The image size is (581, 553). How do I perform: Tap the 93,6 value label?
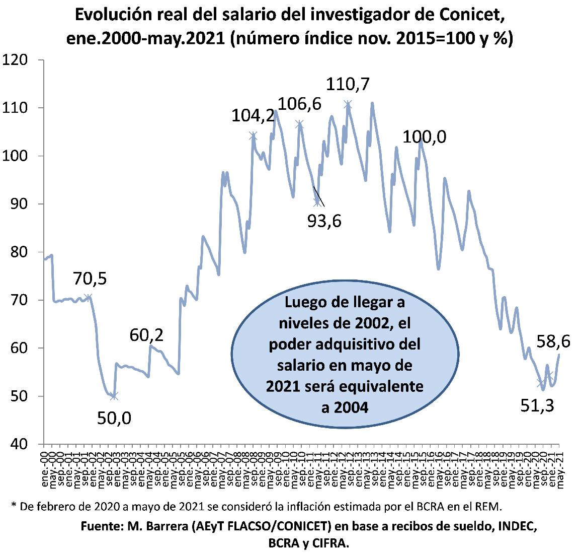tap(324, 220)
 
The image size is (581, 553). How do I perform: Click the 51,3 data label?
tap(537, 404)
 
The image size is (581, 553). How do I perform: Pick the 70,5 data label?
tap(90, 278)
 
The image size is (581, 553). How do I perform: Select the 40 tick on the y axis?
tap(20, 444)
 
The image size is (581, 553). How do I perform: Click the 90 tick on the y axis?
tap(20, 203)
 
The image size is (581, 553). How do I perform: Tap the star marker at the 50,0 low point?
tap(114, 396)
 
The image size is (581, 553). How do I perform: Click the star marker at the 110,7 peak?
tap(348, 104)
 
